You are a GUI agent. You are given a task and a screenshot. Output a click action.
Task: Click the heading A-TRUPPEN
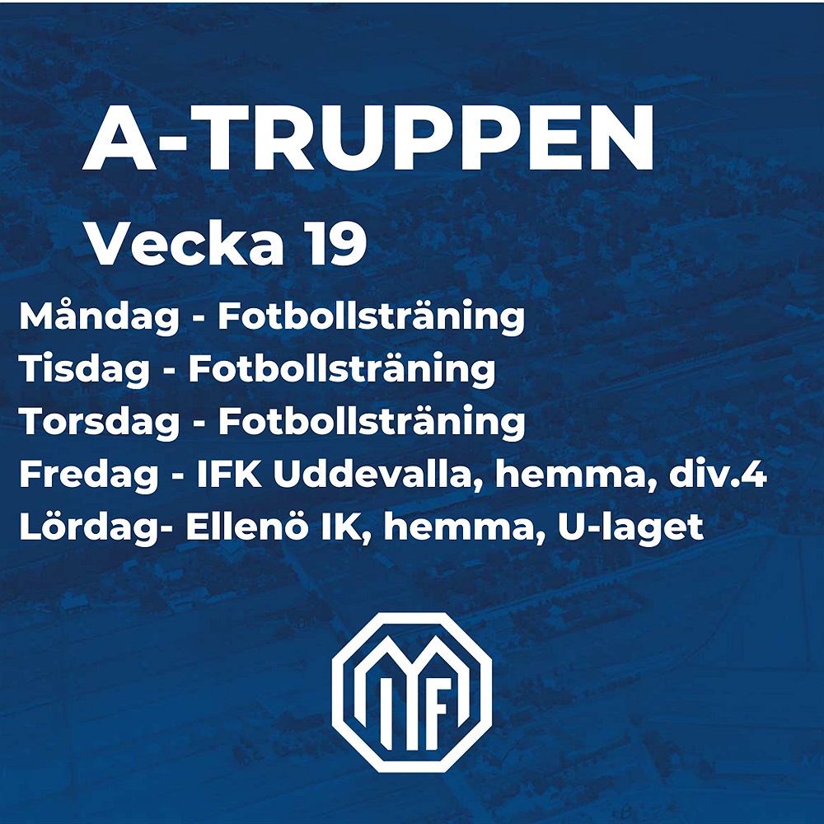[368, 137]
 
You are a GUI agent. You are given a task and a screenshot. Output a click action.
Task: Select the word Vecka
[186, 243]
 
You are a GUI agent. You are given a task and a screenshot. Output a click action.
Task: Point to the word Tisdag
[85, 369]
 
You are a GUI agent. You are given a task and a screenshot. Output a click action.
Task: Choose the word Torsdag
[100, 421]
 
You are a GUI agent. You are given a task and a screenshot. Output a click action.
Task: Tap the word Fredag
[89, 475]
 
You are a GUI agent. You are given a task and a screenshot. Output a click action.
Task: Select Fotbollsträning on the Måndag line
[372, 318]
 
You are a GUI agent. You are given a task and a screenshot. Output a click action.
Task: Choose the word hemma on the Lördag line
[456, 527]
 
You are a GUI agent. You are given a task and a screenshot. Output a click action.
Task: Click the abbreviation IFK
[229, 475]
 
